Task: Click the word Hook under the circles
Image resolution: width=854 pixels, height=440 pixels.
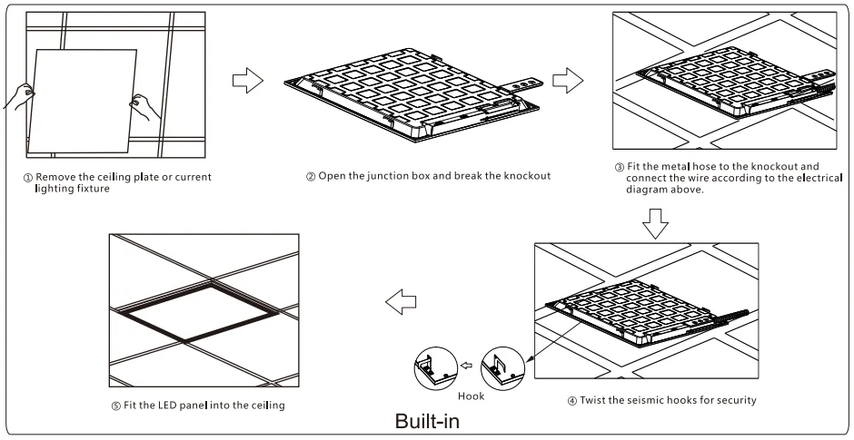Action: tap(472, 396)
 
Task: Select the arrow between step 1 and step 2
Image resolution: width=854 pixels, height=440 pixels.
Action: tap(249, 81)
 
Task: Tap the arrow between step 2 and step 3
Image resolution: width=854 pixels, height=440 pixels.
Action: tap(568, 81)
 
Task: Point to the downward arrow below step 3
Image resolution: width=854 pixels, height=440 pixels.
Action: tap(655, 221)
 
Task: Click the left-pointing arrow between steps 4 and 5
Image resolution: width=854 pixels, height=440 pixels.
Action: tap(402, 301)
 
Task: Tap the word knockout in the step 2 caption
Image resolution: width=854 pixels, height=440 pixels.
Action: tap(522, 175)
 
